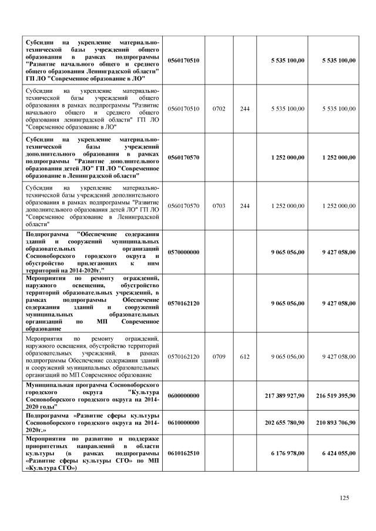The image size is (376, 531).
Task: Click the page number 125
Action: tap(345, 498)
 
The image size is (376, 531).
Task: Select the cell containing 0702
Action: tap(219, 109)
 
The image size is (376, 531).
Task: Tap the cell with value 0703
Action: tap(219, 206)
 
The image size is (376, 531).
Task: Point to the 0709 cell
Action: tap(219, 357)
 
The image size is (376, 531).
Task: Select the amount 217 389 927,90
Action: tap(280, 398)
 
